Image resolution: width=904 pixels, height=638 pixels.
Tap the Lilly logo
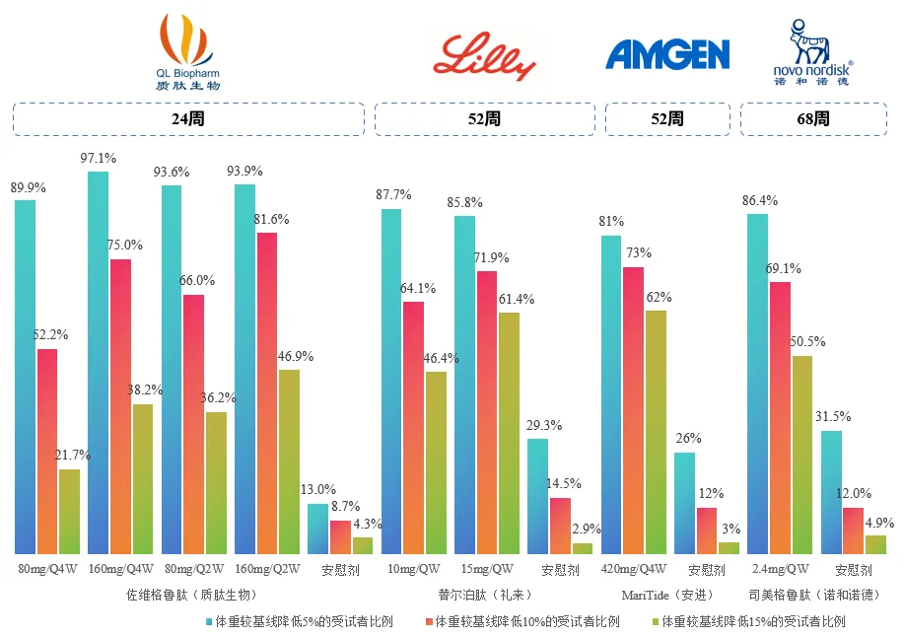tap(485, 56)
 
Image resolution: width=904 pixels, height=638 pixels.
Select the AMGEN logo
tap(667, 54)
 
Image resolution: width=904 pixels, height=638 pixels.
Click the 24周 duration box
tap(187, 119)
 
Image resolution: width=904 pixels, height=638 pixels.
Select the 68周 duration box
tap(814, 119)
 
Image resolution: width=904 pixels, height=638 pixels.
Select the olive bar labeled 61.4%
tap(509, 433)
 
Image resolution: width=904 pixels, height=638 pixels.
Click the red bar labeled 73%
tap(633, 410)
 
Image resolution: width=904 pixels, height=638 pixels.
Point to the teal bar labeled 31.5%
tap(832, 492)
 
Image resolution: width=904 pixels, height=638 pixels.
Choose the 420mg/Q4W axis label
tap(633, 570)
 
